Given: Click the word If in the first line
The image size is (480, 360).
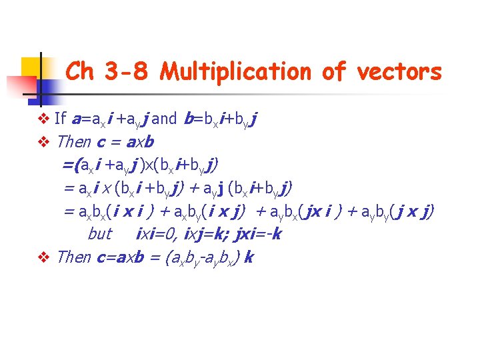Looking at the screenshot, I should click(x=60, y=119).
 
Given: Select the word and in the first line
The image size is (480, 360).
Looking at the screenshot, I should click(x=164, y=119).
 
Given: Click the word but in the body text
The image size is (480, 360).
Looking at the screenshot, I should click(x=100, y=234).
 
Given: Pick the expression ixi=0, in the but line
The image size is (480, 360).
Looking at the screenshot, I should click(x=156, y=234).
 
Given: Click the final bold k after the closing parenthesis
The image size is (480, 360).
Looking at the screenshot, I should click(x=249, y=257).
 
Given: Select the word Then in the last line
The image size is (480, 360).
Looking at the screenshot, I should click(x=74, y=257).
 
